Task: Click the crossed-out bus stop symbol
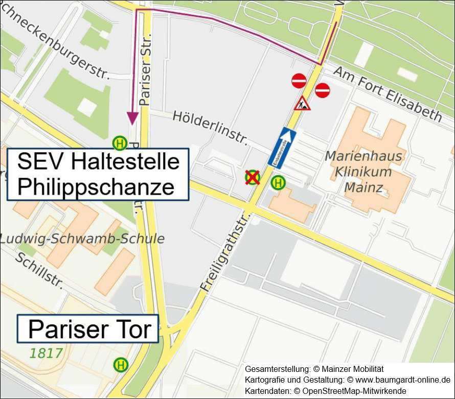pyautogui.click(x=252, y=178)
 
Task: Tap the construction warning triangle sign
pyautogui.click(x=302, y=104)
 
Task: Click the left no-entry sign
pyautogui.click(x=299, y=81)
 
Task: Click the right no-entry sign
pyautogui.click(x=323, y=90)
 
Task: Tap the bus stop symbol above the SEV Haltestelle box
pyautogui.click(x=120, y=144)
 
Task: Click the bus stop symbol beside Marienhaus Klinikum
pyautogui.click(x=279, y=182)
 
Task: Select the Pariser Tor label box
pyautogui.click(x=88, y=329)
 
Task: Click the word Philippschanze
pyautogui.click(x=96, y=187)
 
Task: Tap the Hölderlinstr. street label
pyautogui.click(x=210, y=126)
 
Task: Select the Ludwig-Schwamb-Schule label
pyautogui.click(x=82, y=239)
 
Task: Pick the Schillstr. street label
pyautogui.click(x=39, y=270)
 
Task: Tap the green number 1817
pyautogui.click(x=45, y=353)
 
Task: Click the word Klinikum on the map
pyautogui.click(x=363, y=172)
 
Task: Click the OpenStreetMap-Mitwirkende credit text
pyautogui.click(x=355, y=391)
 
